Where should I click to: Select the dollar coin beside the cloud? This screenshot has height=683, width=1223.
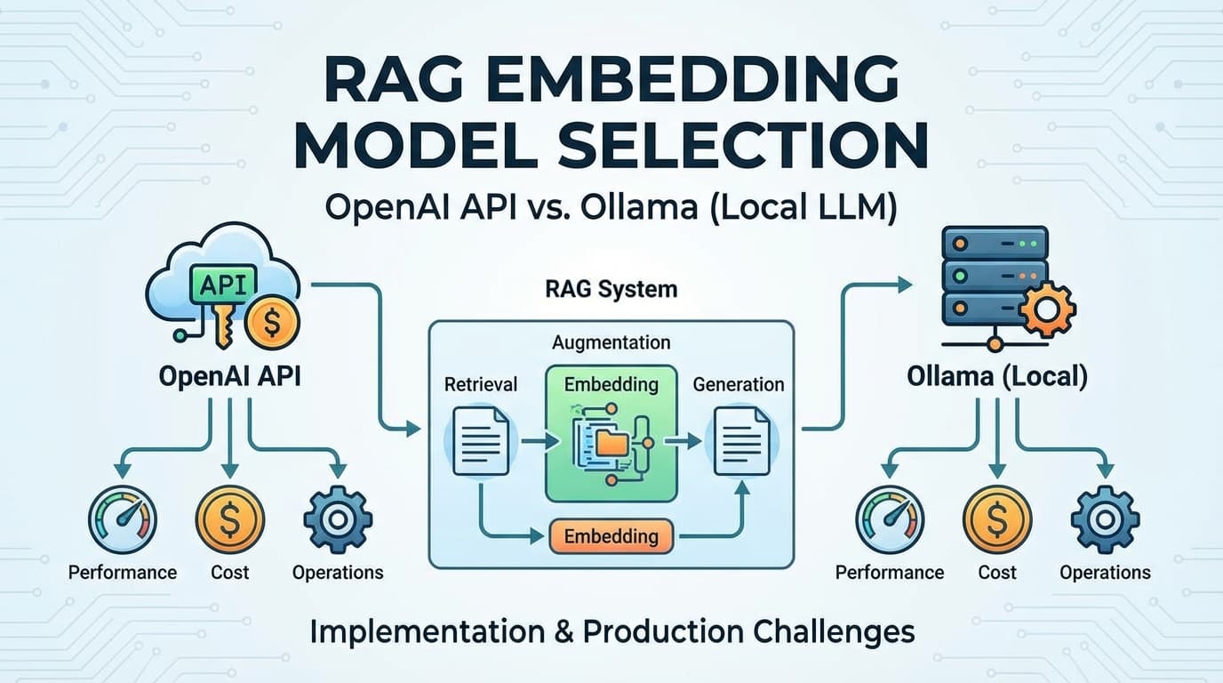[x=272, y=323]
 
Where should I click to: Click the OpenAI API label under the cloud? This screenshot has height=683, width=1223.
[x=229, y=376]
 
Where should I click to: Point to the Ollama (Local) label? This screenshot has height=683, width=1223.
[x=997, y=376]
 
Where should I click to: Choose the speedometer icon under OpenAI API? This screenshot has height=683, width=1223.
[x=123, y=520]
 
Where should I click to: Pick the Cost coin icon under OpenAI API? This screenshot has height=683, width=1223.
[x=229, y=520]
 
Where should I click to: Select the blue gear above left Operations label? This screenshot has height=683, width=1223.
[x=337, y=520]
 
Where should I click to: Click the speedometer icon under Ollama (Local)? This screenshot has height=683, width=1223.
[x=890, y=520]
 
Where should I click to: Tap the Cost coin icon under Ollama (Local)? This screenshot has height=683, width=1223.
[x=997, y=520]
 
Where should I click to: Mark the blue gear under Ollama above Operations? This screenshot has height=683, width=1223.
[x=1105, y=520]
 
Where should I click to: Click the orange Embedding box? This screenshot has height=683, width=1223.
[x=611, y=536]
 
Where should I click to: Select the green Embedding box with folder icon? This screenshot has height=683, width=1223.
[x=611, y=433]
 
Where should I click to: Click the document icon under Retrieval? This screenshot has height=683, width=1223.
[x=480, y=440]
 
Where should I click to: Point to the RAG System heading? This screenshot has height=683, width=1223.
[x=611, y=289]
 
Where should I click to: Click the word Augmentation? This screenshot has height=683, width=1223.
[x=611, y=342]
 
